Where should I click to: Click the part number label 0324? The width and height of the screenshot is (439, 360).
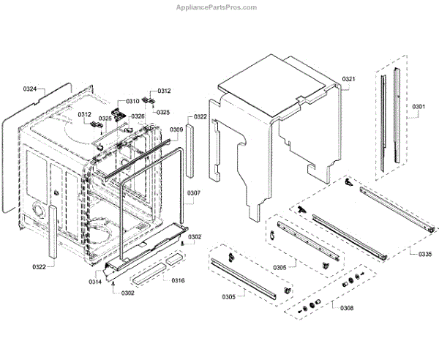[x=30, y=89]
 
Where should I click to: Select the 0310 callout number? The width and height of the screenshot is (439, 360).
[x=132, y=101]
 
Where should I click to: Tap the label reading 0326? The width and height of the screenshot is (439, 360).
[x=138, y=116]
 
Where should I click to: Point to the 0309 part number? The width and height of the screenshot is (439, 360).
[x=176, y=130]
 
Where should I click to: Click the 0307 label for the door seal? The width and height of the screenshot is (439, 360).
[x=193, y=193]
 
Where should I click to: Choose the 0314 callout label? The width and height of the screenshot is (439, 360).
[x=96, y=282]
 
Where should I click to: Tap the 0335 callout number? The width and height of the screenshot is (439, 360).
[x=425, y=254]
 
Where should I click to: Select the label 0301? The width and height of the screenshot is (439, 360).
[x=418, y=107]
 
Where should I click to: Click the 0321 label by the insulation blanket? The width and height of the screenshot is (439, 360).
[x=348, y=78]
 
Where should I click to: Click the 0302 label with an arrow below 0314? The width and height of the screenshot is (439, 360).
[x=128, y=293]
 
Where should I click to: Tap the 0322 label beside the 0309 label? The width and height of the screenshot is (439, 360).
[x=200, y=117]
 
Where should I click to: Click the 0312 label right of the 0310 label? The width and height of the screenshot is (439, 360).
[x=164, y=91]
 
